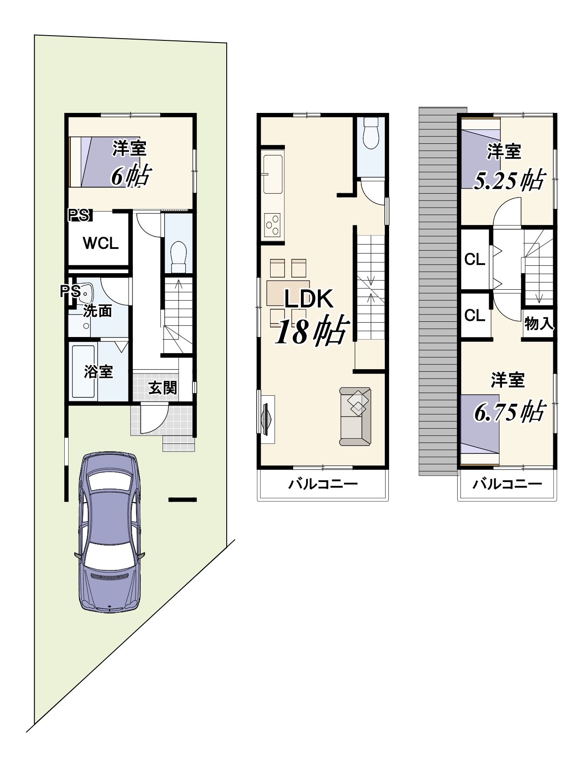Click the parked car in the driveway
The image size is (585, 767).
coord(109,532)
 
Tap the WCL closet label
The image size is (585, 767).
coord(101,243)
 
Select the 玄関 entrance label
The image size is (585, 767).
coord(163,387)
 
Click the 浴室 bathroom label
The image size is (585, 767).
coord(99,372)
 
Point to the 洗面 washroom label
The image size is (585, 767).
coord(98,311)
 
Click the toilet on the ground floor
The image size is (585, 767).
coord(178,257)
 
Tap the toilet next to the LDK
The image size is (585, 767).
coord(371,132)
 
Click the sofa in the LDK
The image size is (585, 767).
coord(355,417)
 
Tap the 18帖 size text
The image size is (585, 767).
coord(312,331)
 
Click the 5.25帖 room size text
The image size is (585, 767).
coord(509,180)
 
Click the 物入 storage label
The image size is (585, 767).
coord(539,324)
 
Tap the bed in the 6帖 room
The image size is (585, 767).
coord(104,162)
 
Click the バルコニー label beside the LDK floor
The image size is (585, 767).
coord(323,484)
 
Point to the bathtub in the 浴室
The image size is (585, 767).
coord(83,371)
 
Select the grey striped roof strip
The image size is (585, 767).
coord(438,291)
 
